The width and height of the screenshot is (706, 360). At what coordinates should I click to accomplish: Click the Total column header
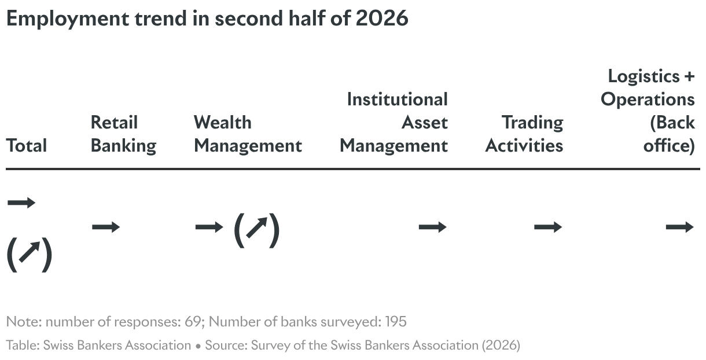27,146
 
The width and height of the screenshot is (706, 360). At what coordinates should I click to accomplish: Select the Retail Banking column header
123,134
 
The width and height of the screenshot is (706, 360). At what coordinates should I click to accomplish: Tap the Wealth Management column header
248,134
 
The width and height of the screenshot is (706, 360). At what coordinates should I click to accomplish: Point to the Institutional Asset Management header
394,122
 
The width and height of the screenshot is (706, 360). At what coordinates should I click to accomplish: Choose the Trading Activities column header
524,134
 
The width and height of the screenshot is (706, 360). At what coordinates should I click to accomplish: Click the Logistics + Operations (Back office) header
648,111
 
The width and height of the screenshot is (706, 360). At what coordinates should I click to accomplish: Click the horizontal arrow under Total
21,203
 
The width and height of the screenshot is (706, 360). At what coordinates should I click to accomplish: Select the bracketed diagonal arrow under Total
30,255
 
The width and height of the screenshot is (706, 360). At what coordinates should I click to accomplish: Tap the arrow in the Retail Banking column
106,227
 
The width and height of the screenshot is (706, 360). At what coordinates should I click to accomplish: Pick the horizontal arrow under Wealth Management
209,227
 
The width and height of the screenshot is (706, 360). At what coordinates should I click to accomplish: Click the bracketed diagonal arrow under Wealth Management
257,230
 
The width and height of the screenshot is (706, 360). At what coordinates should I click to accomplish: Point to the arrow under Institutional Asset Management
433,227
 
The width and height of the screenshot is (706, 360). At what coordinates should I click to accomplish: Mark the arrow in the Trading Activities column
548,227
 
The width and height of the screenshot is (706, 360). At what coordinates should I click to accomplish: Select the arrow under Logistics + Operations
680,227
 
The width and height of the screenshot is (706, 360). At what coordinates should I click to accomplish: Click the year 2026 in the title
382,19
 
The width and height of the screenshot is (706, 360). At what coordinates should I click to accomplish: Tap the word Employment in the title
68,19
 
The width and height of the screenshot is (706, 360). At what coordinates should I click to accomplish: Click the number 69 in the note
193,322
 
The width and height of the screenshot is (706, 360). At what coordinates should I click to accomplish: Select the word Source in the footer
226,345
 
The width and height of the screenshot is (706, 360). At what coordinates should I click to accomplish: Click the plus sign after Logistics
690,76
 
